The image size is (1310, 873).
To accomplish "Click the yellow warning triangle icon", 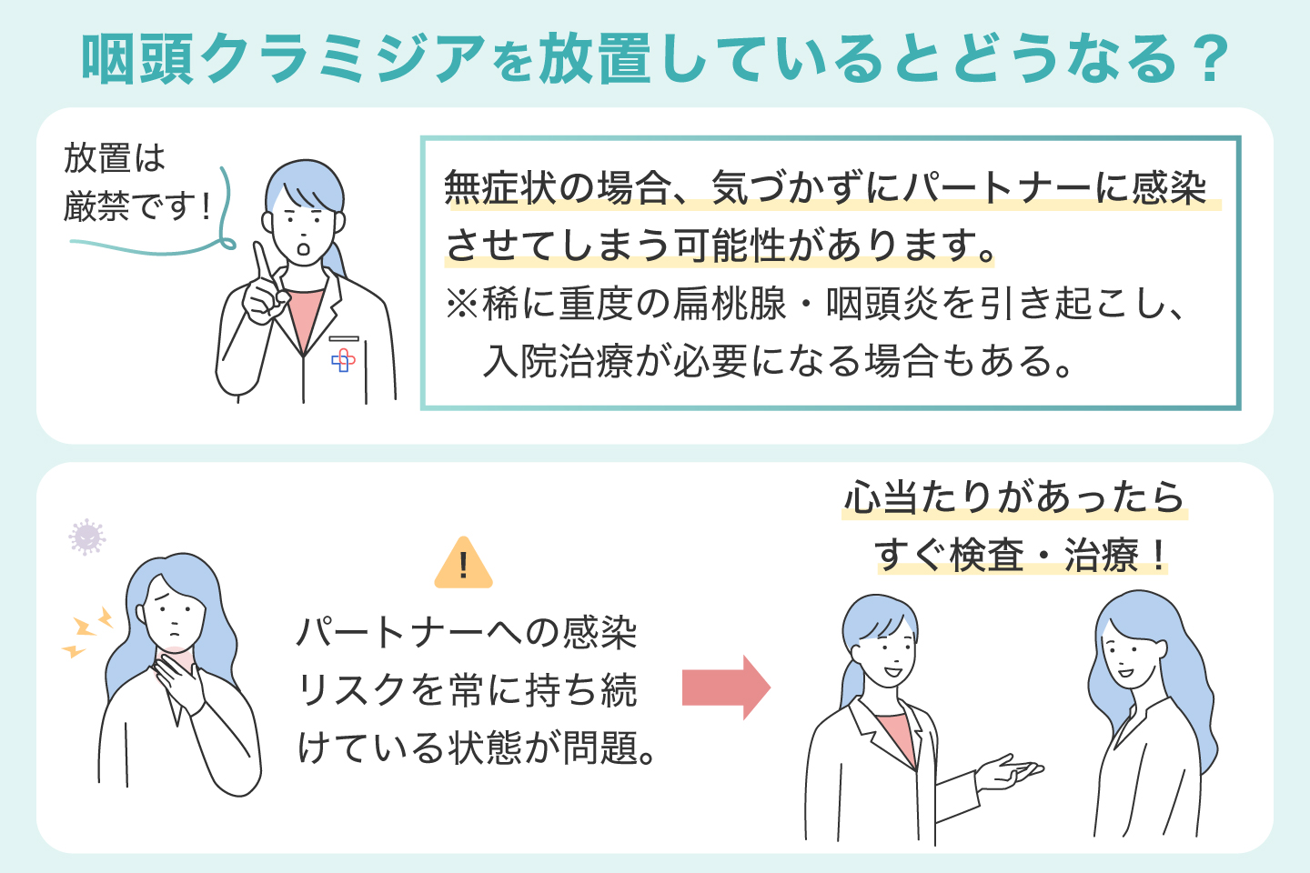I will pos(463,565).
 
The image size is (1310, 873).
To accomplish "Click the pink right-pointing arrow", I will pos(726,687).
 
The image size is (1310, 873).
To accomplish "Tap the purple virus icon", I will pos(87,537).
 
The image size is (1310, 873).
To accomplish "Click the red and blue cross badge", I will pos(343,361).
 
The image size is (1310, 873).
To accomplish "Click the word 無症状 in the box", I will pos(500,188).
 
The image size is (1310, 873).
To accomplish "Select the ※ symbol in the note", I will pos(461,304).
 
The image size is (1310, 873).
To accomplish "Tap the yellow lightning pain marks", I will pos(87,632).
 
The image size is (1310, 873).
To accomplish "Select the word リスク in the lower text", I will pos(351,690).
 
